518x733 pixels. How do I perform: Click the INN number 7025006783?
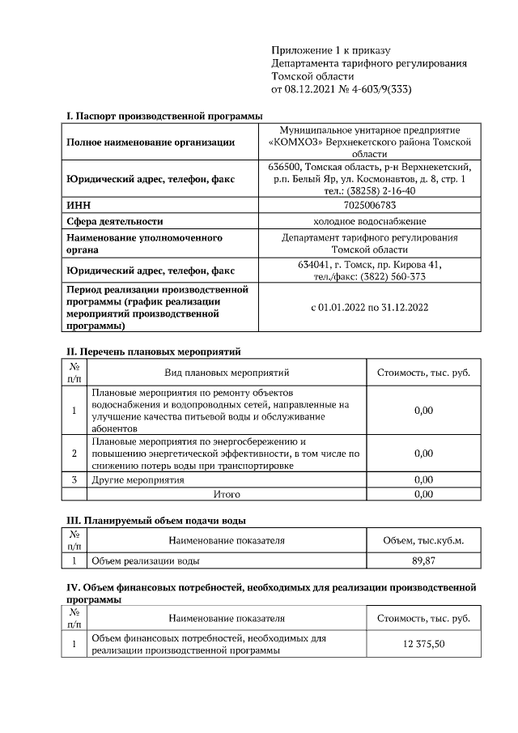[369, 206]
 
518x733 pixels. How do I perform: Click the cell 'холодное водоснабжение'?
[369, 221]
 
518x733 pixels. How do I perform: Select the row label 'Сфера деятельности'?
[114, 221]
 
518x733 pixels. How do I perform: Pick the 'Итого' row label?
[226, 493]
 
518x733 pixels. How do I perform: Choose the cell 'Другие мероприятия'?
[138, 479]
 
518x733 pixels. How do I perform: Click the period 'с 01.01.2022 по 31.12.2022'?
[369, 307]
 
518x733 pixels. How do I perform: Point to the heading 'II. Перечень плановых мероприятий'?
[153, 352]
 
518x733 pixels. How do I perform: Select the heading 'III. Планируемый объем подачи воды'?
[155, 520]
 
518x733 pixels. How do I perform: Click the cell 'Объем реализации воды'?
[146, 560]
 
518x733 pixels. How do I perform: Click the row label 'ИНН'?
[79, 206]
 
